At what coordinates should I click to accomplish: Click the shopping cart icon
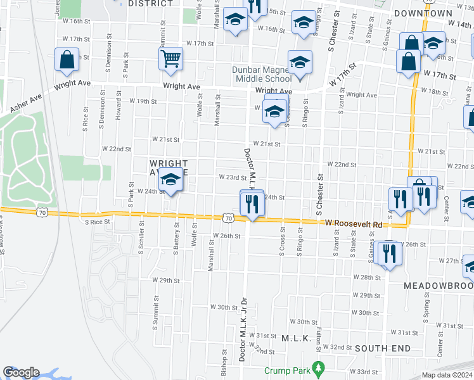click(170, 59)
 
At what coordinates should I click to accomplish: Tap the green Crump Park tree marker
click(319, 368)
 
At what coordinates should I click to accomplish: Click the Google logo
click(21, 373)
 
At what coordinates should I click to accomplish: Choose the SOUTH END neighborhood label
click(383, 348)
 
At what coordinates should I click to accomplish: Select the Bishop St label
click(224, 362)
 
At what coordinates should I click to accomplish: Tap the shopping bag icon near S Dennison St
click(67, 60)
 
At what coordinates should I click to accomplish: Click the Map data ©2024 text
click(447, 375)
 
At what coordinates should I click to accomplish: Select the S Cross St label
click(282, 240)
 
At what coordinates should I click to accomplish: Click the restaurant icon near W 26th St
click(387, 253)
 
